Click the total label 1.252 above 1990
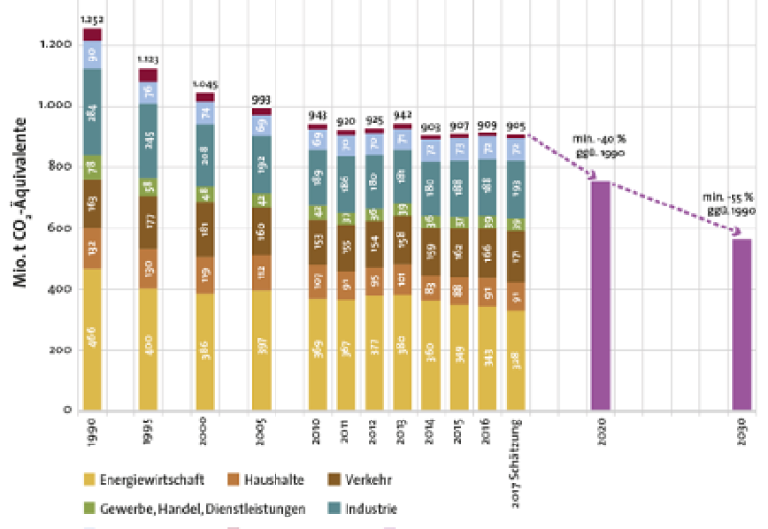tap(92, 19)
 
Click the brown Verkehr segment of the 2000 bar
tap(204, 230)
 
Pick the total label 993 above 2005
tap(261, 98)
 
